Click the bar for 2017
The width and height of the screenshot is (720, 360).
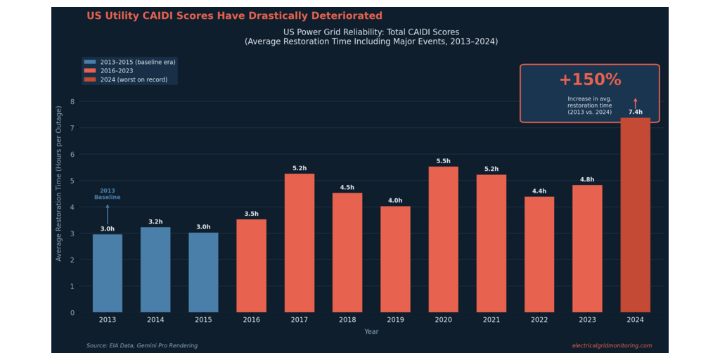300,243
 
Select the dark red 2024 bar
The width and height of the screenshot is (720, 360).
636,215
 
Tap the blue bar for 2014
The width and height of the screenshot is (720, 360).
155,269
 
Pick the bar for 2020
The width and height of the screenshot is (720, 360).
444,239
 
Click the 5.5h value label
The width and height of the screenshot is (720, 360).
444,161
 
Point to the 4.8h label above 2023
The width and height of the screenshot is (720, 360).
587,179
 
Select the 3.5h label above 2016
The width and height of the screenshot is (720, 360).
251,214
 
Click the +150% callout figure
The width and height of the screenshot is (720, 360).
590,80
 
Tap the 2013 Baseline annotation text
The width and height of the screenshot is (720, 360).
108,194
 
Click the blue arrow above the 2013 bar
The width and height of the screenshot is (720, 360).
108,214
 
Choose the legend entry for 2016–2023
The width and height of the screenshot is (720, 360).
108,71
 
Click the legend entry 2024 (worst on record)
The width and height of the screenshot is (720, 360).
125,80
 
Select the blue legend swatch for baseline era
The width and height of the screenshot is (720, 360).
90,62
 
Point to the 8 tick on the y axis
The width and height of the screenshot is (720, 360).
72,101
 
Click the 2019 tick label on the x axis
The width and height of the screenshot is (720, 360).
395,320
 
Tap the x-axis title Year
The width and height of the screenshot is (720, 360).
371,332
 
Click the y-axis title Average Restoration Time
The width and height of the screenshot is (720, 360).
59,184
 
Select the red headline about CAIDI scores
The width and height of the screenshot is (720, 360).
234,15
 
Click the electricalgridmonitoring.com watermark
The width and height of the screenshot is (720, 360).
612,346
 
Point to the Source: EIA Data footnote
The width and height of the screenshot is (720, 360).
142,346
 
